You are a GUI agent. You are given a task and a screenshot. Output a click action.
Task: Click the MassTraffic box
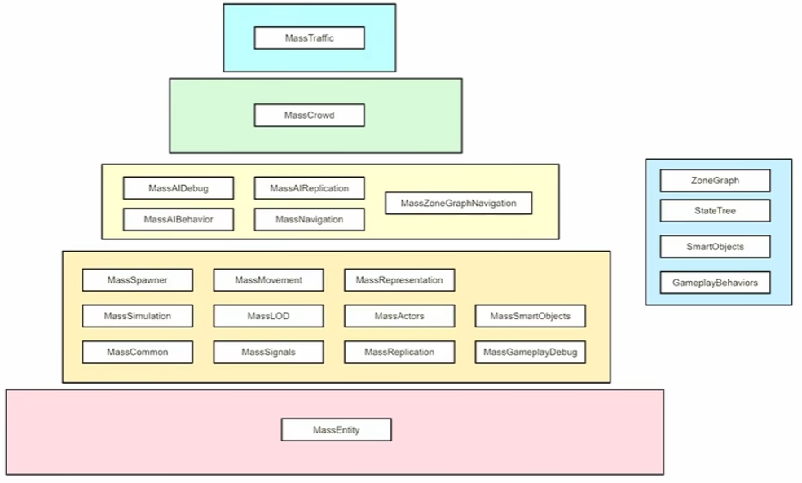pos(310,38)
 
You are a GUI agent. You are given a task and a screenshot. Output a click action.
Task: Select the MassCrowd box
pos(310,116)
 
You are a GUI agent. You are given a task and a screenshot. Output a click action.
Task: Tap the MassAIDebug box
pos(178,188)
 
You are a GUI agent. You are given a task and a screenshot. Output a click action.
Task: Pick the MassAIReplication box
pos(310,188)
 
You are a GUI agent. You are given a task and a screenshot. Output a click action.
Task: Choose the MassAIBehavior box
pos(178,219)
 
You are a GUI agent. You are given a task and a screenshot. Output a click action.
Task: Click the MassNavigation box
pos(310,219)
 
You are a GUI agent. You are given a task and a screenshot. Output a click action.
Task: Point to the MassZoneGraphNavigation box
pos(459,203)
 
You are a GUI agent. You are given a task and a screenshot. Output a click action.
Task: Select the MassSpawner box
pos(138,280)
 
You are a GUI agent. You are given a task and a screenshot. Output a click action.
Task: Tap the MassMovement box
pos(269,280)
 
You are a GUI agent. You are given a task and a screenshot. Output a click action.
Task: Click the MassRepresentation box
pos(399,280)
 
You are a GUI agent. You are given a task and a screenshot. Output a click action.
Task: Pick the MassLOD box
pos(269,315)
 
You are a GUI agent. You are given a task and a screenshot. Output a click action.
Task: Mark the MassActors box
pos(399,315)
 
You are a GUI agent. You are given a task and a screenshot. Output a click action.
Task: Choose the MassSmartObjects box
pos(530,315)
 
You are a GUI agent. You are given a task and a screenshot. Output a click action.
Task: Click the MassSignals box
pos(269,352)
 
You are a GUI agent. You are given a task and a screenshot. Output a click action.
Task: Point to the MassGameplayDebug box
pos(530,352)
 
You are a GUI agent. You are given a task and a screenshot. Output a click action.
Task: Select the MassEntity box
pos(337,429)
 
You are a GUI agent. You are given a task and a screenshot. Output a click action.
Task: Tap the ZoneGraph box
pos(715,180)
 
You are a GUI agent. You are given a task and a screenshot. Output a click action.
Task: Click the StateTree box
pos(715,211)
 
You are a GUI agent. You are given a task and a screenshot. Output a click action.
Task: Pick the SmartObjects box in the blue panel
pos(715,246)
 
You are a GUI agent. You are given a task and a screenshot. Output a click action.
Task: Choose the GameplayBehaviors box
pos(715,283)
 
